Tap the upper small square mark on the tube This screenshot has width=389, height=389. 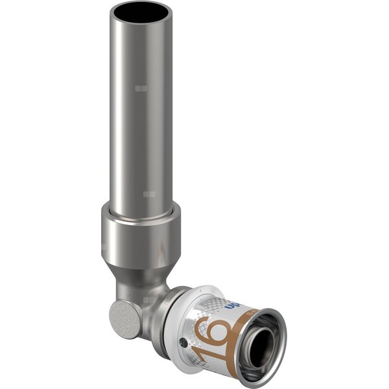[x=142, y=88]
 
